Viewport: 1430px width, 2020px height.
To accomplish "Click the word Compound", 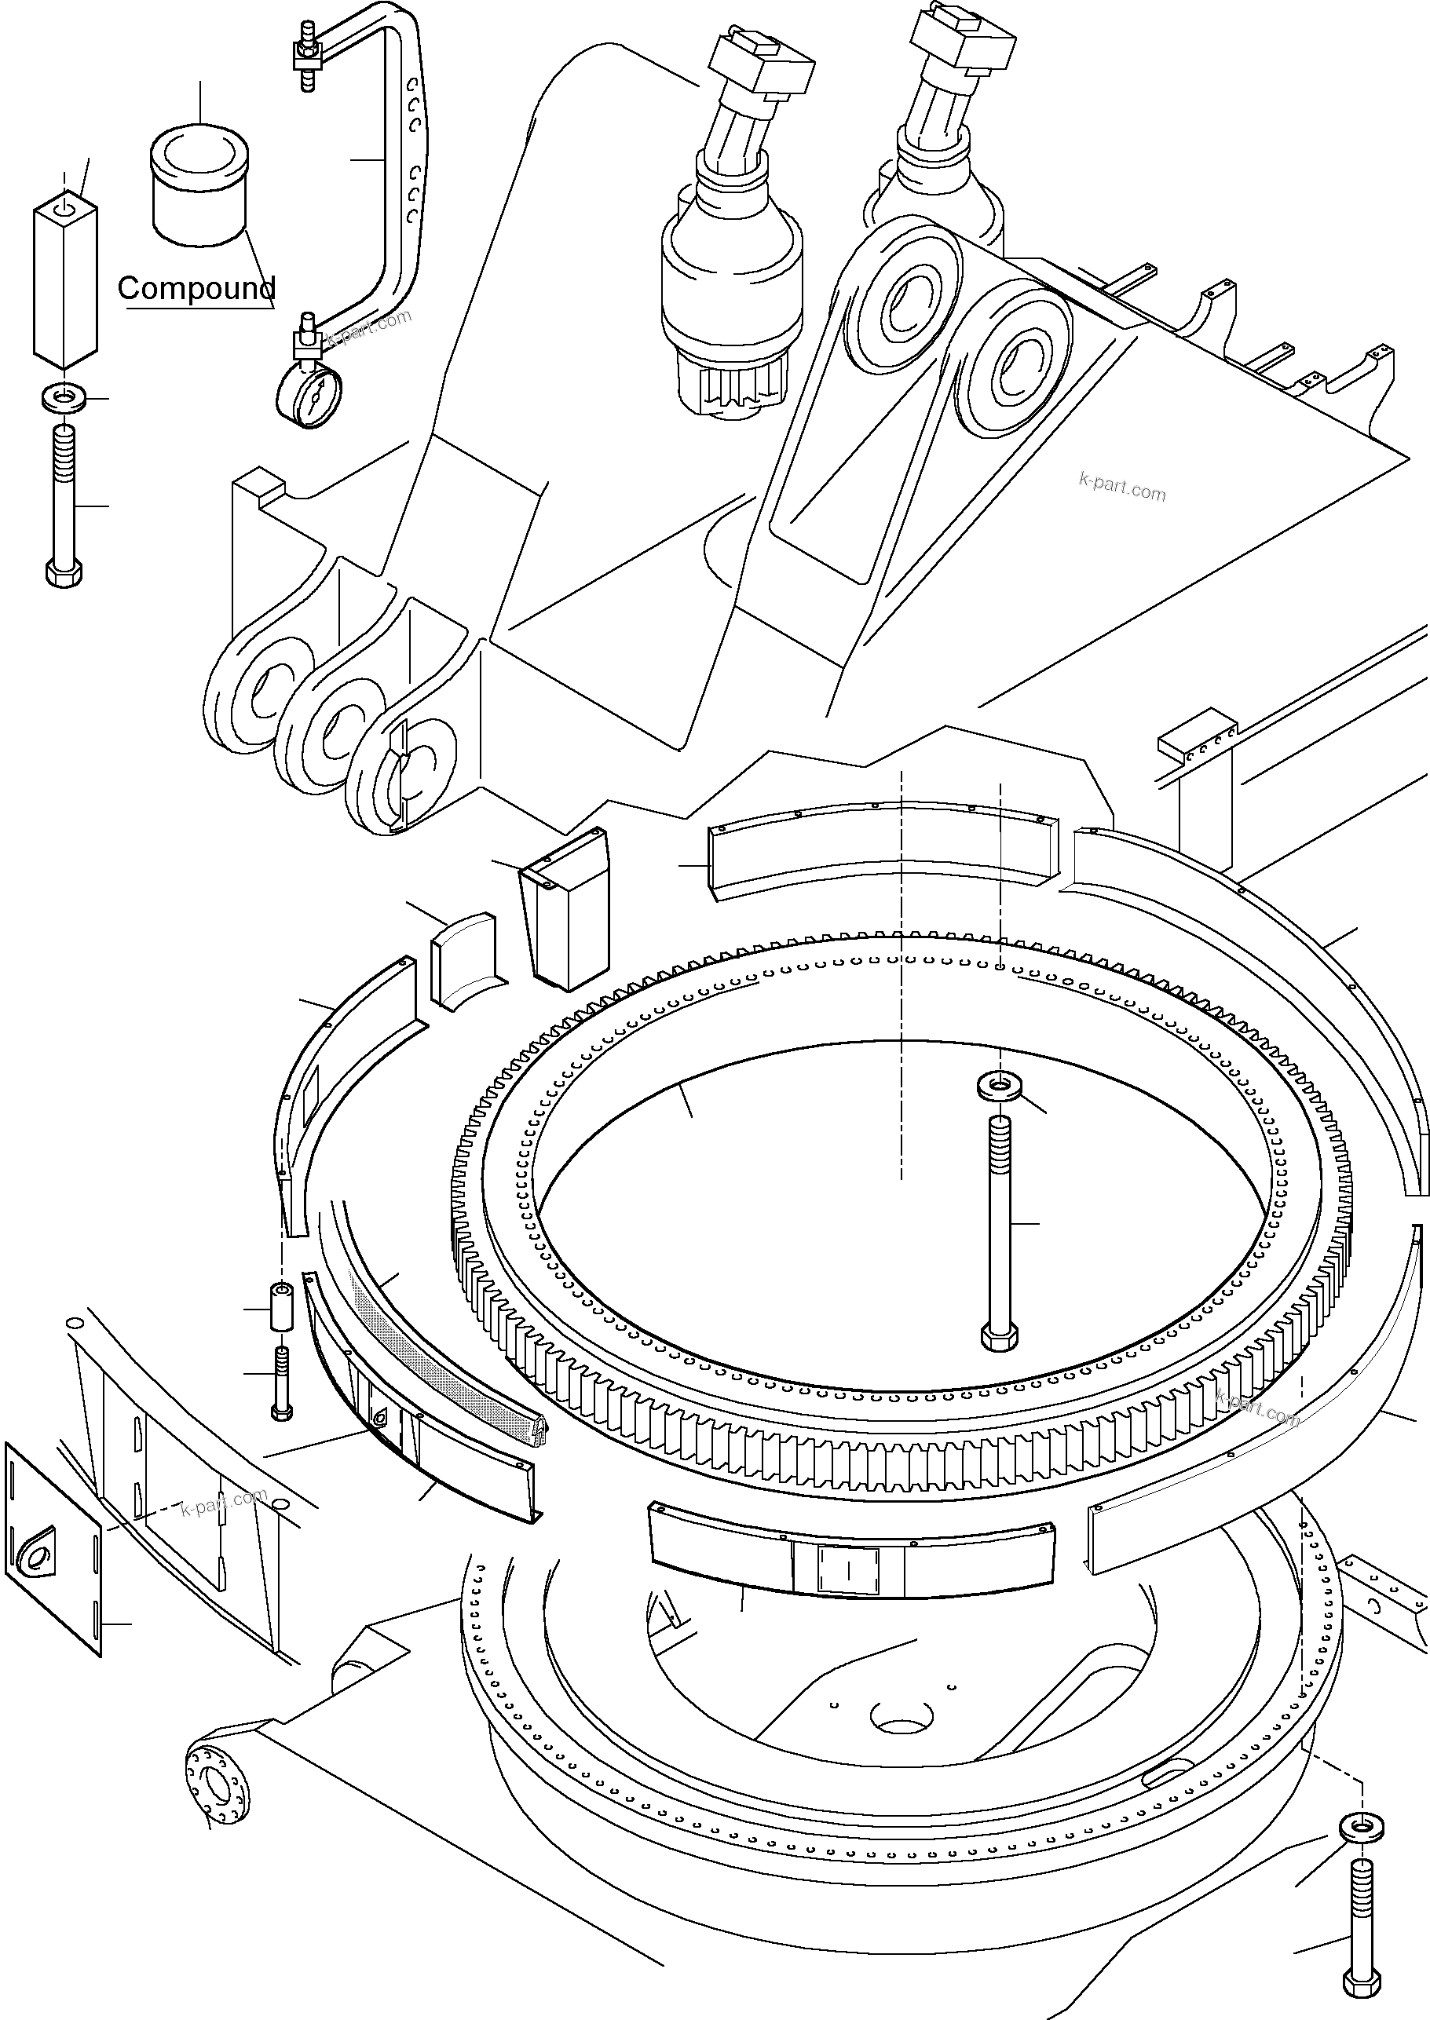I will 196,288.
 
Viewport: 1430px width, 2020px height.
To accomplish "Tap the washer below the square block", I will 64,399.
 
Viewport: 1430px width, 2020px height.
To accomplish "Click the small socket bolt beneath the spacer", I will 281,1385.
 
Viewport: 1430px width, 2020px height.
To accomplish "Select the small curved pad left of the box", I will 462,961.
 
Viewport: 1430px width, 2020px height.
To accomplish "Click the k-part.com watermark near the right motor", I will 1122,486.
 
